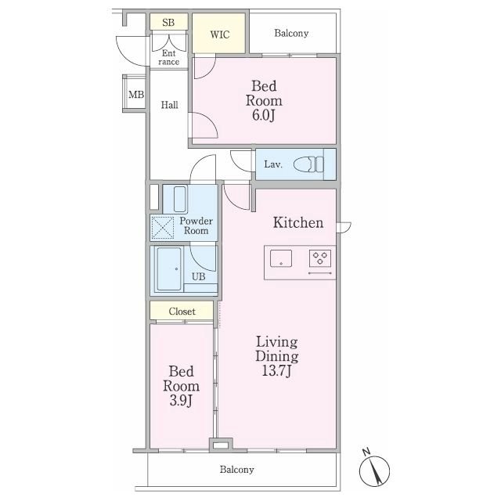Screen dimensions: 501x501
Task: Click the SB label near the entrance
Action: click(168, 23)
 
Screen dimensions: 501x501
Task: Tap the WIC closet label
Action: click(219, 34)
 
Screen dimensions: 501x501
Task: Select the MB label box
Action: click(136, 95)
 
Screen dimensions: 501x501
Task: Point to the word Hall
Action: click(169, 105)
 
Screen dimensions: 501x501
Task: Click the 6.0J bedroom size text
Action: click(263, 115)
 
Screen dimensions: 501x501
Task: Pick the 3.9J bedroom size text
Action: click(181, 401)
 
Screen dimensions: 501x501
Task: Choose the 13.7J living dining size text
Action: click(276, 371)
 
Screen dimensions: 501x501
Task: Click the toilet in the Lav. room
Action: click(308, 164)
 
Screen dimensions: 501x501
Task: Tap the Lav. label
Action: click(273, 164)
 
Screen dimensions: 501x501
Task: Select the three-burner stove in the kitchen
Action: click(320, 258)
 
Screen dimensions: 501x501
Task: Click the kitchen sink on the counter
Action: click(281, 258)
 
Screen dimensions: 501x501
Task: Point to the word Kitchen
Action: click(298, 222)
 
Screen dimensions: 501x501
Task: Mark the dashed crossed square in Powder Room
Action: click(162, 228)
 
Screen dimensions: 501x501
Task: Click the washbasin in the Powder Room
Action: click(180, 200)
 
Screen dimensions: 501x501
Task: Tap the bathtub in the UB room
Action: click(169, 269)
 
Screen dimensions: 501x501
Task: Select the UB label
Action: click(198, 276)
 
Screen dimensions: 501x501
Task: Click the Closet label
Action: click(182, 312)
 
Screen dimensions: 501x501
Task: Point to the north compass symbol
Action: click(374, 470)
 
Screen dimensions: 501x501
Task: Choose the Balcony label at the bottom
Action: click(236, 470)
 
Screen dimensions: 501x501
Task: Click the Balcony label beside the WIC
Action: click(291, 33)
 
